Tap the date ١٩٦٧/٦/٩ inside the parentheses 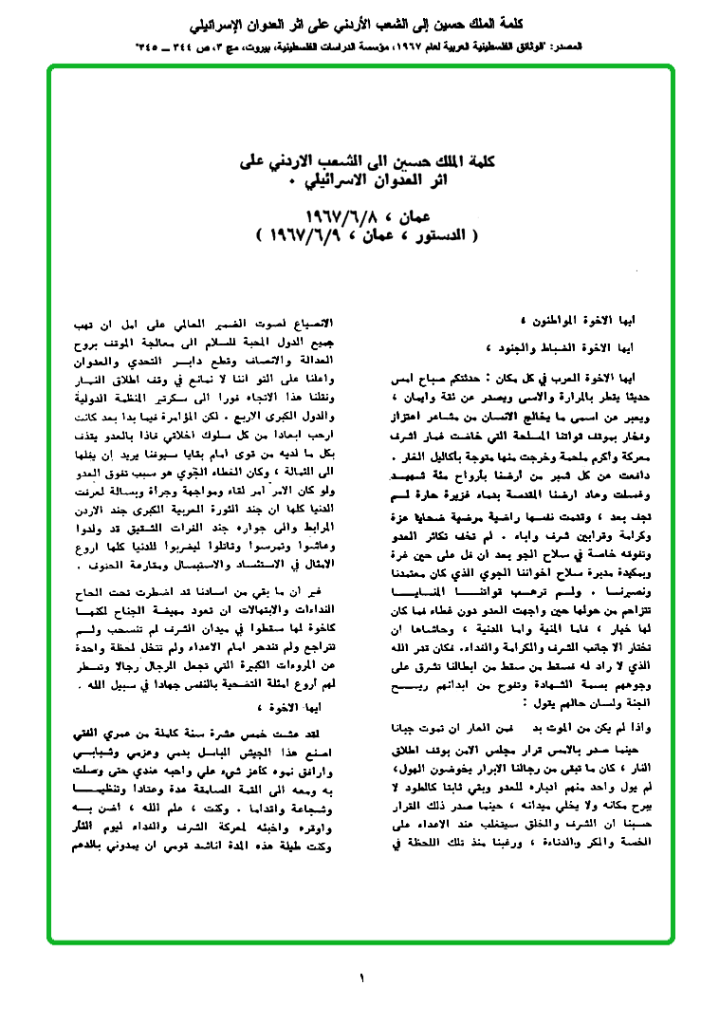303,232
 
